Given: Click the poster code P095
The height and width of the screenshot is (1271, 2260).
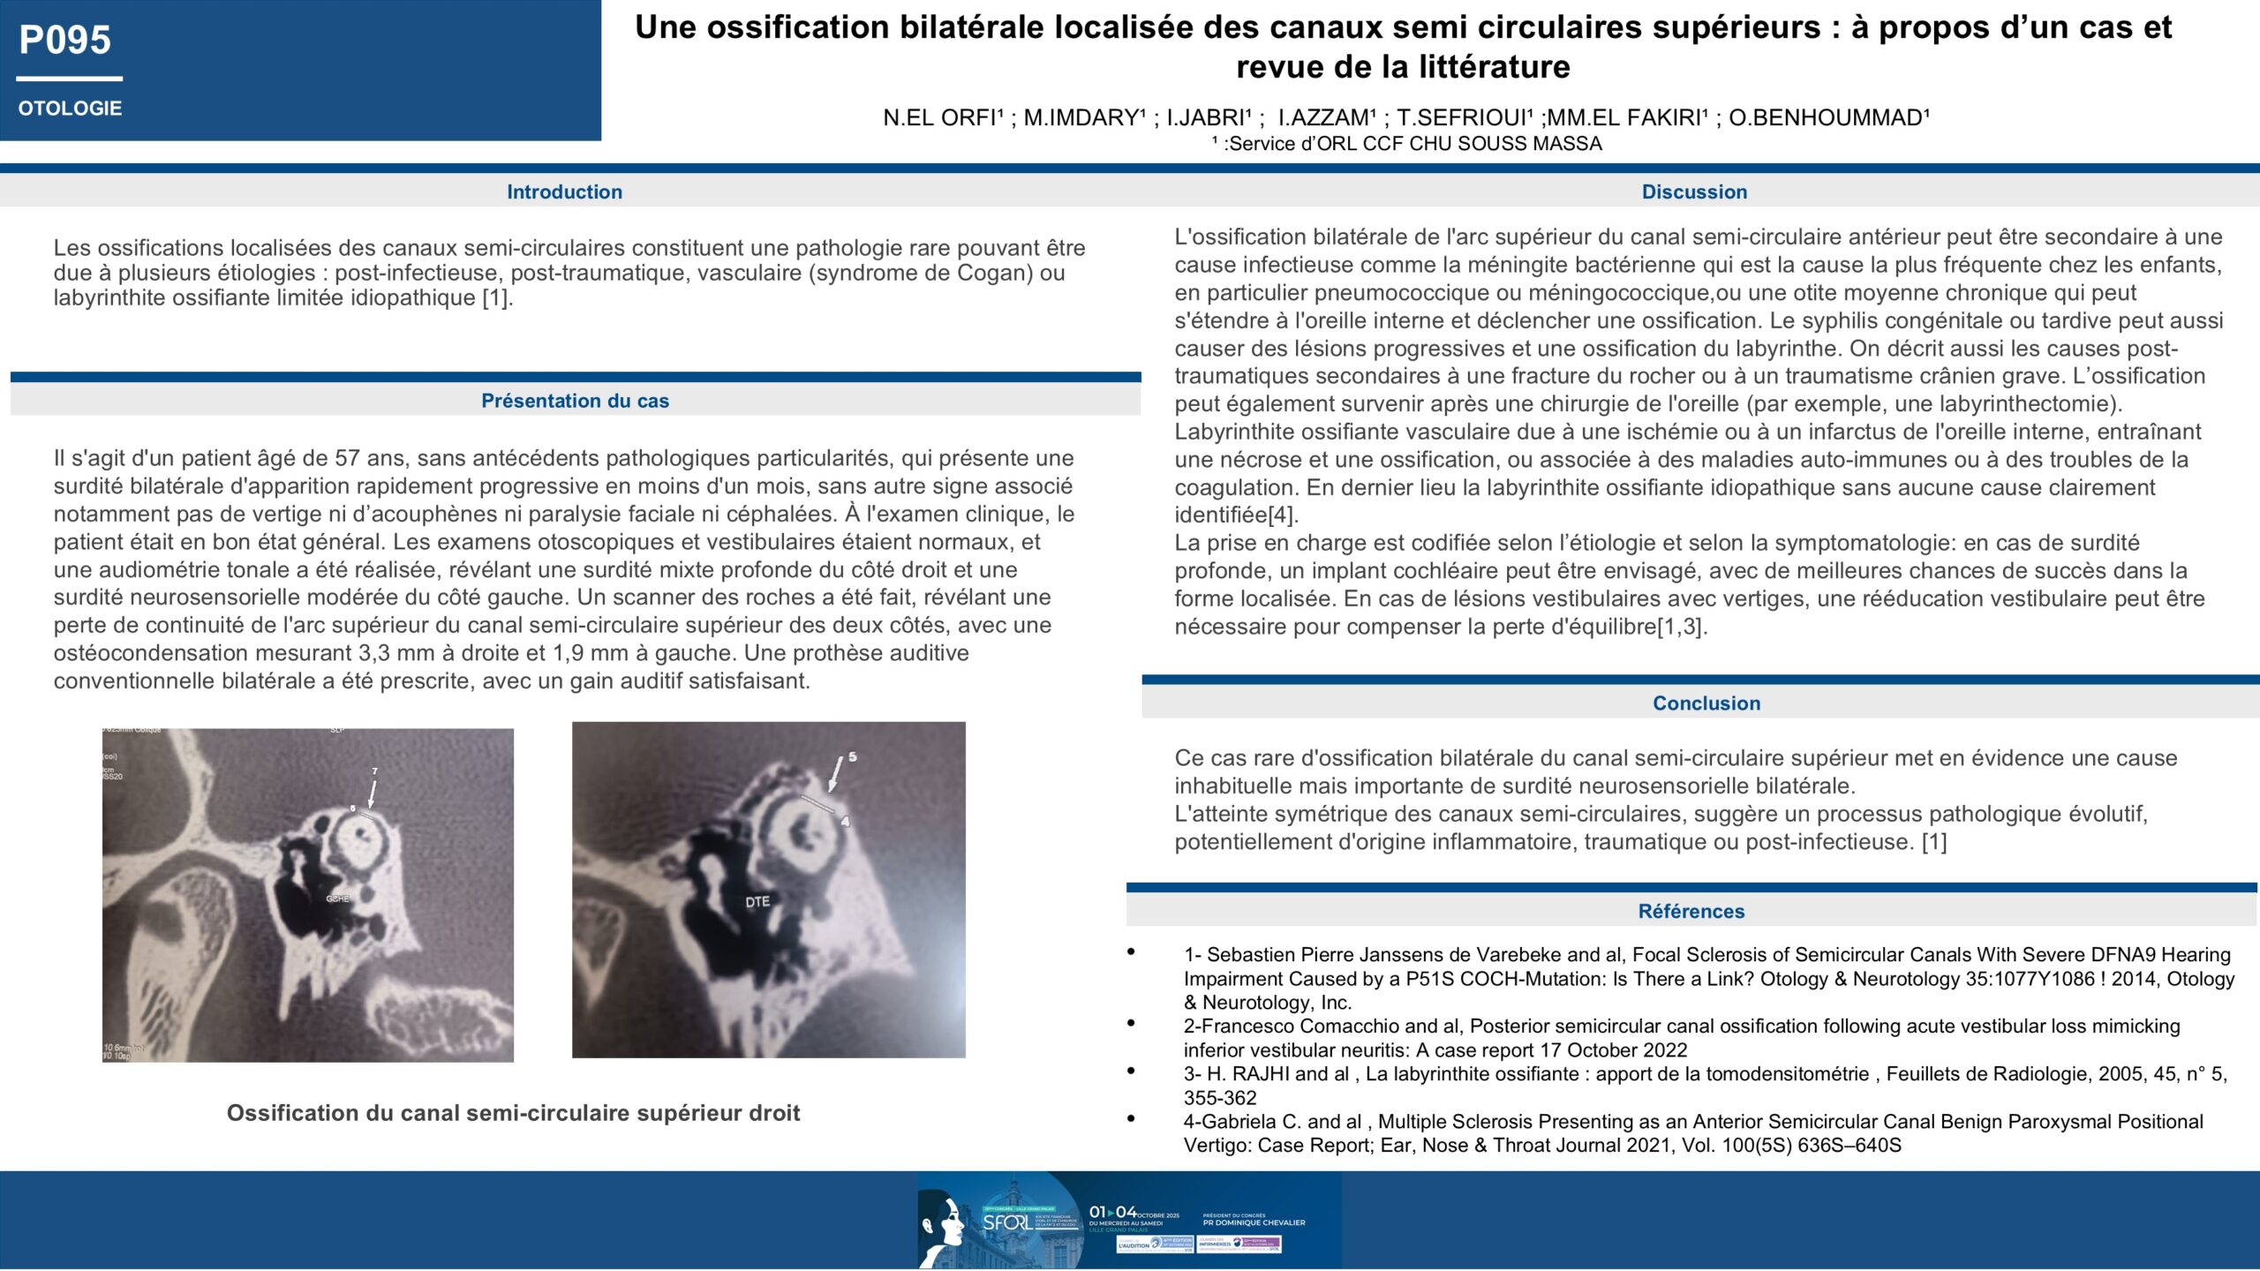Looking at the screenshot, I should coord(65,41).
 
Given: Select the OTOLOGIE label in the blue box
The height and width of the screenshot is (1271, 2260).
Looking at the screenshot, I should coord(70,109).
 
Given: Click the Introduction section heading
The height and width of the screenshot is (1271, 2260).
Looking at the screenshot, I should coord(564,192).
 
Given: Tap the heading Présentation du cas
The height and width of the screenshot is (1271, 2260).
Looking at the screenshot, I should coord(575,401).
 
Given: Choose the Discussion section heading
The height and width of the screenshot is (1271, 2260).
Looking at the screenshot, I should coord(1694,192).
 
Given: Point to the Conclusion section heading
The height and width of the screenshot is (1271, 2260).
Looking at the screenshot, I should coord(1706,703).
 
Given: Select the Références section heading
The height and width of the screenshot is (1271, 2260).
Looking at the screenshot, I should coord(1691,911).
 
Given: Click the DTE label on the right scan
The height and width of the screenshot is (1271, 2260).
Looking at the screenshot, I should coord(757,902).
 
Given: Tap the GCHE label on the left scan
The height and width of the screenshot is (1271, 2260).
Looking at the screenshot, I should coord(338,899).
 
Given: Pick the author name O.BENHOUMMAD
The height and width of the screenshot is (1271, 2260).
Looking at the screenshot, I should coord(1828,118).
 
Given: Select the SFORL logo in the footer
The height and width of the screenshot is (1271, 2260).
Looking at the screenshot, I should coord(1006,1222).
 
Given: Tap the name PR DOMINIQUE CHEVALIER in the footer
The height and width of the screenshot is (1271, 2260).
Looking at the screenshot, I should coord(1254,1222).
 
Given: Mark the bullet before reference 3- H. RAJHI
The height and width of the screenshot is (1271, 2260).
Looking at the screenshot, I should coord(1131,1071).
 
